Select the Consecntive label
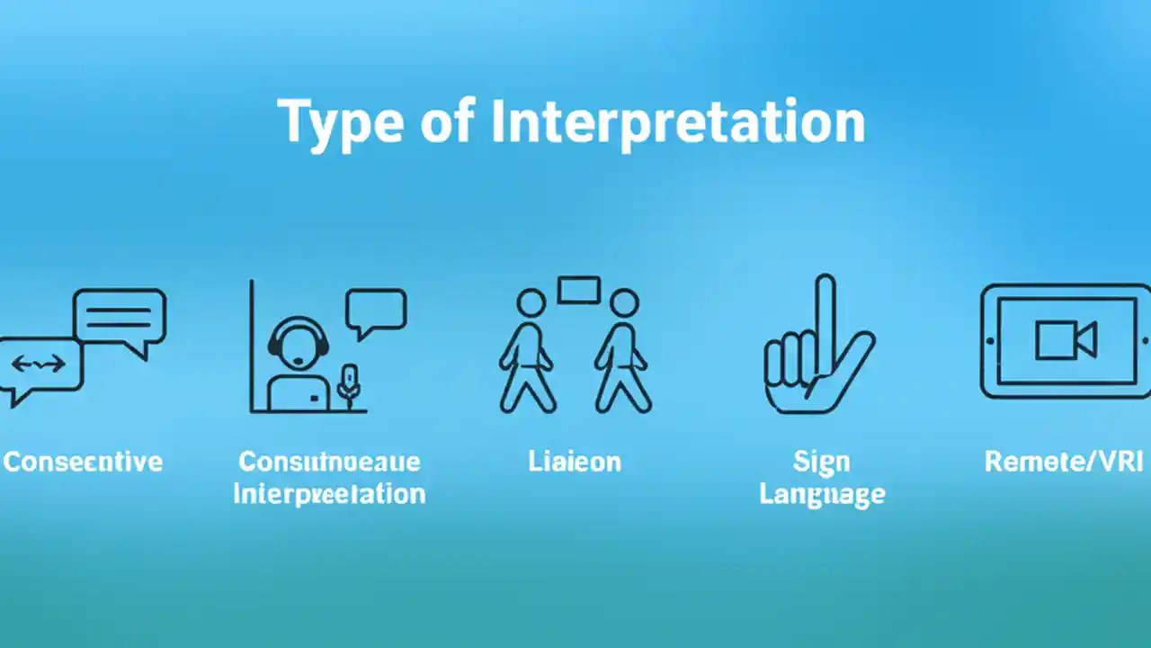(83, 463)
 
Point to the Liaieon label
(575, 463)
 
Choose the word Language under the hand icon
(822, 494)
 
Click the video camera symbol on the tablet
(1065, 340)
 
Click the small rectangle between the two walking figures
(578, 291)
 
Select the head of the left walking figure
(531, 303)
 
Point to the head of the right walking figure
(623, 303)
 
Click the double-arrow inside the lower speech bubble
(38, 364)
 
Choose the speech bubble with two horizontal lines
(120, 318)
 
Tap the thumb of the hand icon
(854, 360)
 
